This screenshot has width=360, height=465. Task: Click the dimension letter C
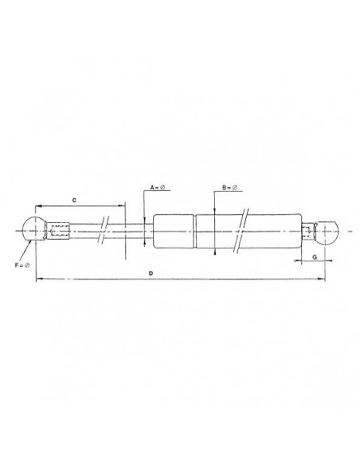coord(74,200)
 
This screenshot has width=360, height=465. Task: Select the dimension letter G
coord(315,257)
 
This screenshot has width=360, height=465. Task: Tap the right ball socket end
coord(330,232)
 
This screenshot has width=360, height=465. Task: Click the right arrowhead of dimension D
coord(323,279)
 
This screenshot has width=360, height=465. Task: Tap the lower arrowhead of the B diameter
coord(217,252)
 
